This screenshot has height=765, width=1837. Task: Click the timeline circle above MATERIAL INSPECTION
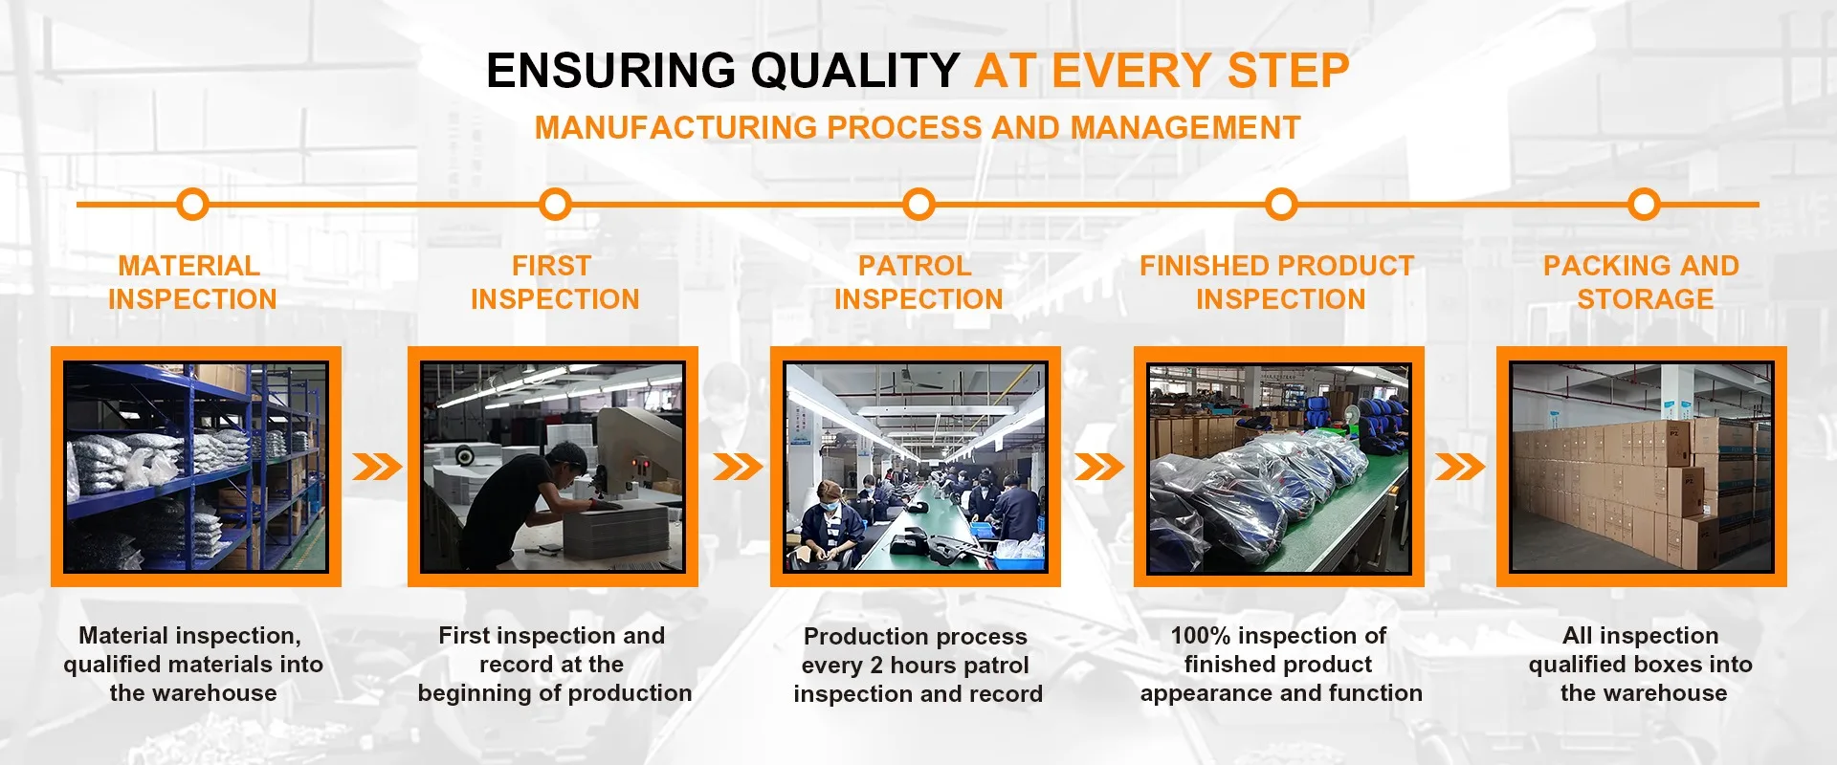193,204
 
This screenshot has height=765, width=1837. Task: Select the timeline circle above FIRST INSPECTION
555,204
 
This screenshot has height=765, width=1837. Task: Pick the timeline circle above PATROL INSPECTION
918,204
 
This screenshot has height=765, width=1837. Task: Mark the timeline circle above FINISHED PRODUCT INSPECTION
1281,204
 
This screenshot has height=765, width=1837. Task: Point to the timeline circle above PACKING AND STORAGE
1644,204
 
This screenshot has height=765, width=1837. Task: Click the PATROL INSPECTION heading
918,282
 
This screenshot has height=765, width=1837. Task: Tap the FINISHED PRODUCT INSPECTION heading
1278,282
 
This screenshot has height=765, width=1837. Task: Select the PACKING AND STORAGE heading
1643,282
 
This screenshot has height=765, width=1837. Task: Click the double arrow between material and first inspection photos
377,467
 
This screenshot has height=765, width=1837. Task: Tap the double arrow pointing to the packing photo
1460,467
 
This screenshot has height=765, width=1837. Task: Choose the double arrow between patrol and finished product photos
1099,467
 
